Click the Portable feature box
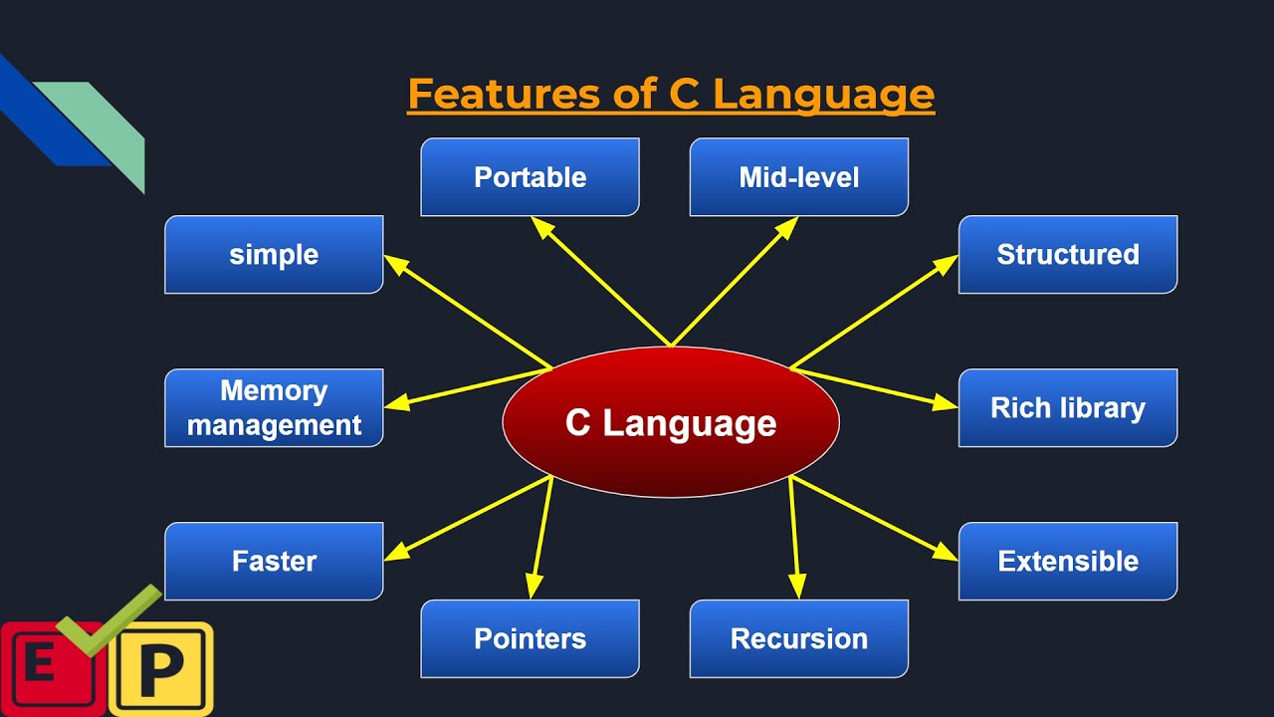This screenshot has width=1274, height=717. (x=530, y=177)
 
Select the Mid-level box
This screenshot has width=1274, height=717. (x=798, y=177)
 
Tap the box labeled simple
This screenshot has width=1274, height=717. (x=274, y=255)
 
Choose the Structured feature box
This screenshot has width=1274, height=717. (x=1067, y=255)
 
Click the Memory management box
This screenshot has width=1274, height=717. (x=274, y=408)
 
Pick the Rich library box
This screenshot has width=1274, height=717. (x=1067, y=408)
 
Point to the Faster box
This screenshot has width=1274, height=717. (x=274, y=562)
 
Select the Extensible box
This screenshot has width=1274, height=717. (x=1067, y=562)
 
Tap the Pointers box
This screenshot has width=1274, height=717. (x=530, y=639)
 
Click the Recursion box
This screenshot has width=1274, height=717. (x=798, y=639)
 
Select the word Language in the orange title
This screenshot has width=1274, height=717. (x=823, y=95)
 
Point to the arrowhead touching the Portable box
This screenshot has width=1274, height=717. (x=540, y=226)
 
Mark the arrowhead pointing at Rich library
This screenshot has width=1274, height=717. (x=947, y=403)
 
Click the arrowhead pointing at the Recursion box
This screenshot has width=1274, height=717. (x=796, y=589)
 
